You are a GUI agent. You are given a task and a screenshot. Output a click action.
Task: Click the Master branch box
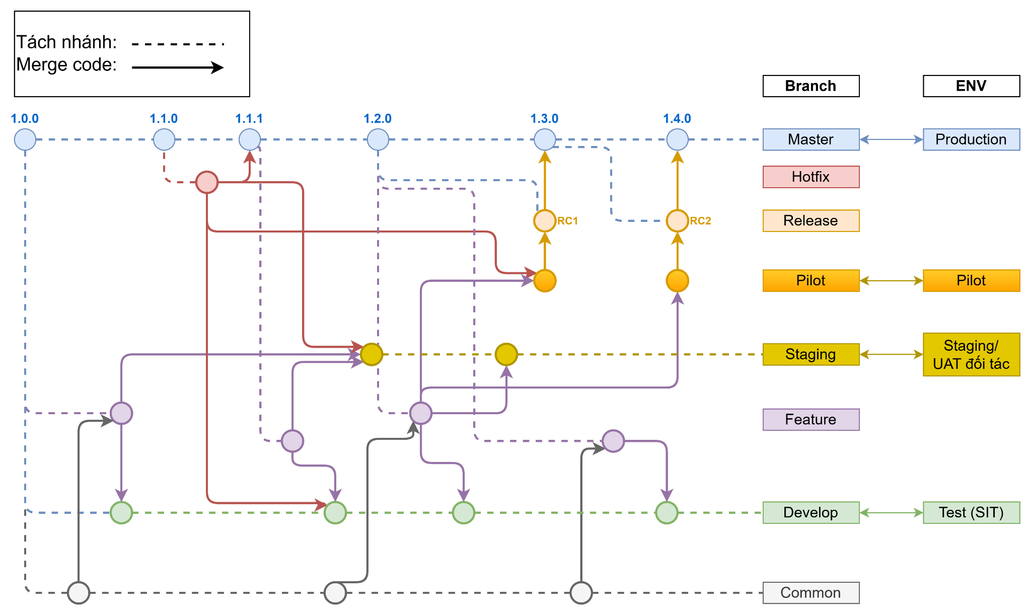(x=811, y=139)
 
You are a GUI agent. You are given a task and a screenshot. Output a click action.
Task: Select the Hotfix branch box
(x=811, y=177)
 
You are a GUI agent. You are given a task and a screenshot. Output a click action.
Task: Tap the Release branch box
(x=811, y=220)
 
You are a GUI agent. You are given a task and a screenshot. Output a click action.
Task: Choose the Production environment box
(x=971, y=139)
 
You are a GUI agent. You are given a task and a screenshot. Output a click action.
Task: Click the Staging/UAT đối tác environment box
(x=971, y=354)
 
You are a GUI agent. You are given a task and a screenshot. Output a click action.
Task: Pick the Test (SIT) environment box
(x=971, y=512)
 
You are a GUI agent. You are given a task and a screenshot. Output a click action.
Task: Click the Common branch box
(x=811, y=592)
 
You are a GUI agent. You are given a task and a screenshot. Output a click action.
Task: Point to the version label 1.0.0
(x=25, y=119)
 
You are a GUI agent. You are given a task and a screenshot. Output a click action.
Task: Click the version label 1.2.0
(x=378, y=119)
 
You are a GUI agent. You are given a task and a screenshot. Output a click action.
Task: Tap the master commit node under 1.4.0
(x=677, y=139)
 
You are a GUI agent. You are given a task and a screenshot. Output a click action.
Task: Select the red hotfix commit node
(x=207, y=182)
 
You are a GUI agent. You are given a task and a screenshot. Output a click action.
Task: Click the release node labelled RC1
(x=545, y=220)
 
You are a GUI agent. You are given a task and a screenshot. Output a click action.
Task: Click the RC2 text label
(x=700, y=220)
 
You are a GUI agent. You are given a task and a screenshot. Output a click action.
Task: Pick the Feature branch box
(x=811, y=419)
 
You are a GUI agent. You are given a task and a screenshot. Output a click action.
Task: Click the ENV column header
(x=971, y=86)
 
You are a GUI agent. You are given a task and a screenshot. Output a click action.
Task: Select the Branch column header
(x=811, y=86)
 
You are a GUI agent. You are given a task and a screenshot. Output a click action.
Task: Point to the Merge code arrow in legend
(x=177, y=67)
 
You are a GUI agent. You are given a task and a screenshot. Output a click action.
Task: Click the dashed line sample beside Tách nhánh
(x=177, y=44)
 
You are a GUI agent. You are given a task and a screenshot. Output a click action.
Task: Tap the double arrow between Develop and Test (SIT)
(x=891, y=512)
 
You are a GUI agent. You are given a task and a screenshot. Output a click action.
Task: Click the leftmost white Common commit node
(x=79, y=592)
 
